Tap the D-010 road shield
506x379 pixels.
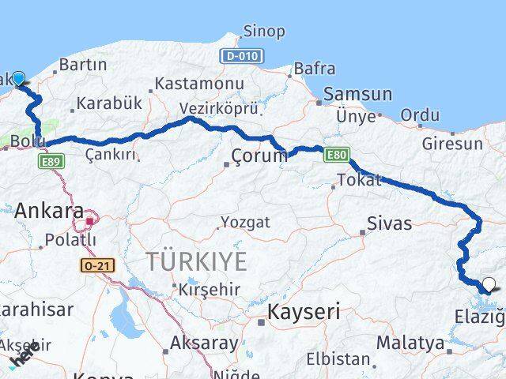[242, 56]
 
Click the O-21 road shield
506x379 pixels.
[97, 266]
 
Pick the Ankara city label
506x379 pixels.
[49, 211]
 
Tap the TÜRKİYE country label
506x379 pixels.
[195, 261]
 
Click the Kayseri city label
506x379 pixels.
[304, 312]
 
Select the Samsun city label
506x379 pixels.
[357, 95]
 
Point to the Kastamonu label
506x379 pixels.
[198, 83]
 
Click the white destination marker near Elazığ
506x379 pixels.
[489, 285]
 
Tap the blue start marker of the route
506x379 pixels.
[18, 78]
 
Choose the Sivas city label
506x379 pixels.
[389, 223]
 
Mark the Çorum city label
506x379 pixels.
[259, 156]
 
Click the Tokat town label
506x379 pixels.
[353, 181]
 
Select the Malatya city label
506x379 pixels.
[410, 343]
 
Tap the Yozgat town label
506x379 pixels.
[245, 222]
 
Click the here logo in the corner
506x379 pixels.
[24, 359]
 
